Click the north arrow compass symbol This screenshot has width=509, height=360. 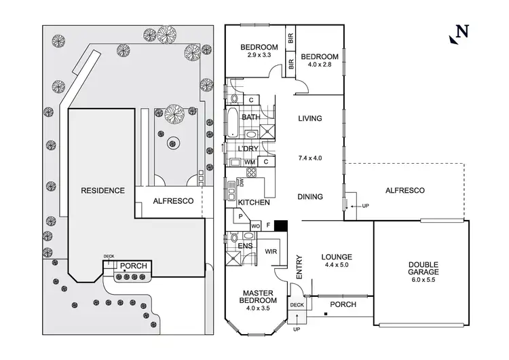461,33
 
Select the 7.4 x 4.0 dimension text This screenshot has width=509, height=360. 309,158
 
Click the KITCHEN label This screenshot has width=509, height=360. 254,202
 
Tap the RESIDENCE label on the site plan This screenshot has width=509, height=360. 102,190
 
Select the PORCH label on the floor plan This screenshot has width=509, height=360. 343,305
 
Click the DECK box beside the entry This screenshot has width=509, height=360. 297,305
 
